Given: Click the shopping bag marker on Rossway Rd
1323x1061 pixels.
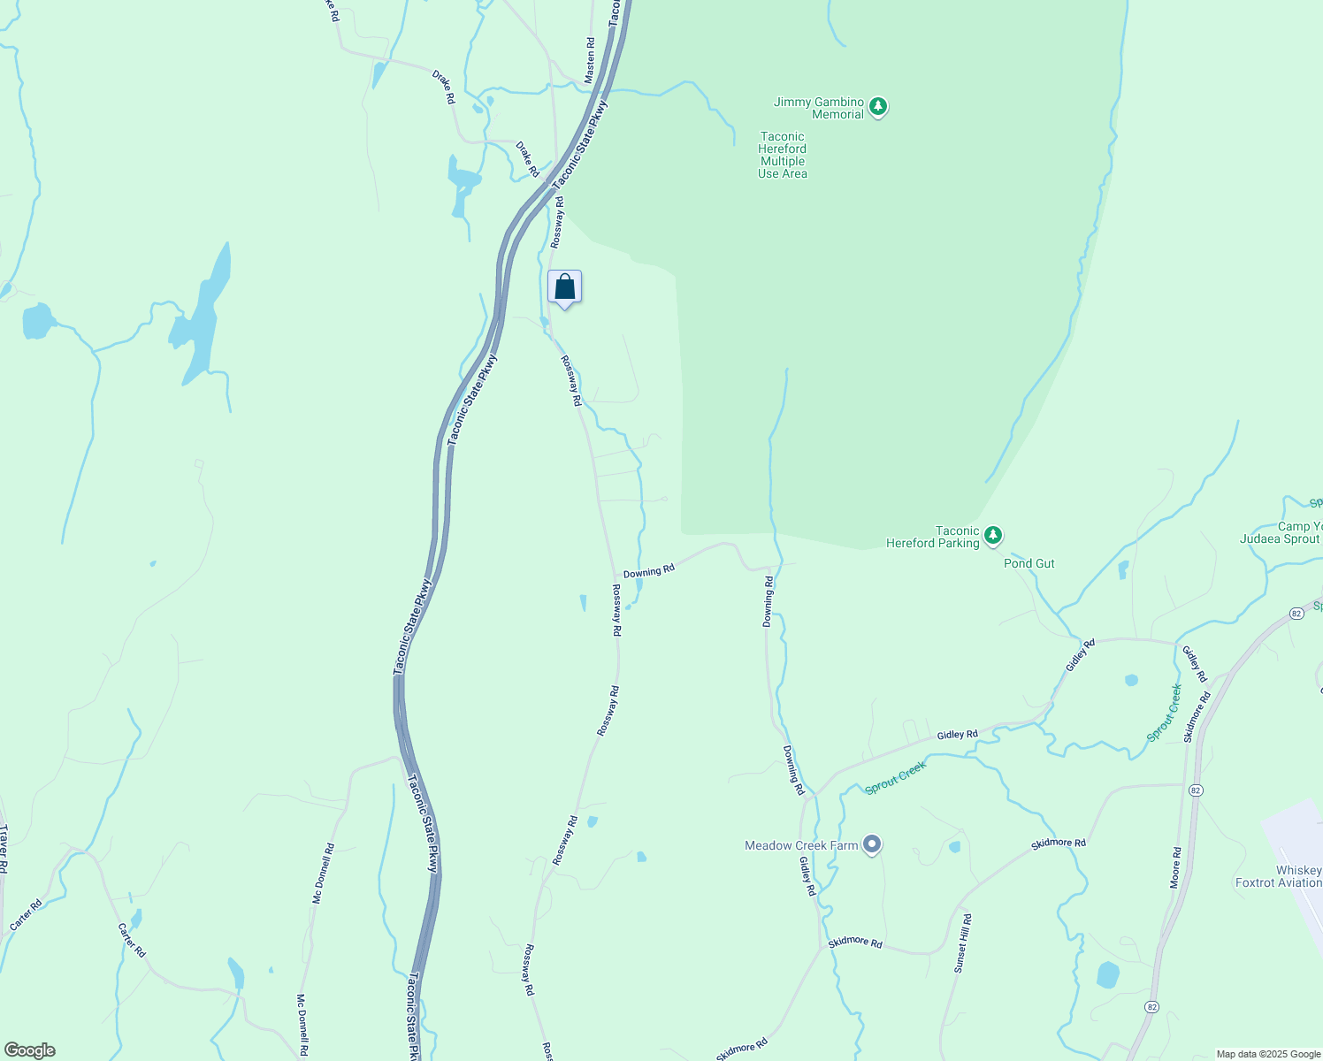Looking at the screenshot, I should [564, 287].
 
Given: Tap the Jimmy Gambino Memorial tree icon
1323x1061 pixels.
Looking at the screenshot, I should [877, 108].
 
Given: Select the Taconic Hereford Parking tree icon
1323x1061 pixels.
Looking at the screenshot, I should [993, 536].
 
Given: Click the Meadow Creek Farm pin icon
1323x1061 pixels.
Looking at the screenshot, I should [872, 845].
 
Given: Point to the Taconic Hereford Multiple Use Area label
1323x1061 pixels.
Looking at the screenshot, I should [782, 156].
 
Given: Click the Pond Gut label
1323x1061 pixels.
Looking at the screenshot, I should [1029, 563].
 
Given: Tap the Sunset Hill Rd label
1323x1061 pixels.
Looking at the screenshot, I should [962, 943].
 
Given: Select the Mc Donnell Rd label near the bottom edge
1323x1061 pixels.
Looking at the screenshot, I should [302, 1027].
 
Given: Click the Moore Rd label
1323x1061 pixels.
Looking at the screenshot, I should [1175, 867].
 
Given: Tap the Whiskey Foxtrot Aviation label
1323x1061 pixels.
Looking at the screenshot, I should [1279, 876].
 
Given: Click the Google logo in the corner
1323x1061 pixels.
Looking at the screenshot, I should [29, 1050].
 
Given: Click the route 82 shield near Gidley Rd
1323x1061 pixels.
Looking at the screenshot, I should [1296, 614].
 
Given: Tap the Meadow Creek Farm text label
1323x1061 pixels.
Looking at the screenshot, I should [801, 845].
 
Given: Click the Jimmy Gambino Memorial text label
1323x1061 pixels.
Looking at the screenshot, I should [818, 108].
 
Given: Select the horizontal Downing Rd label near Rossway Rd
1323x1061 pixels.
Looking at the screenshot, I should [648, 571].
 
